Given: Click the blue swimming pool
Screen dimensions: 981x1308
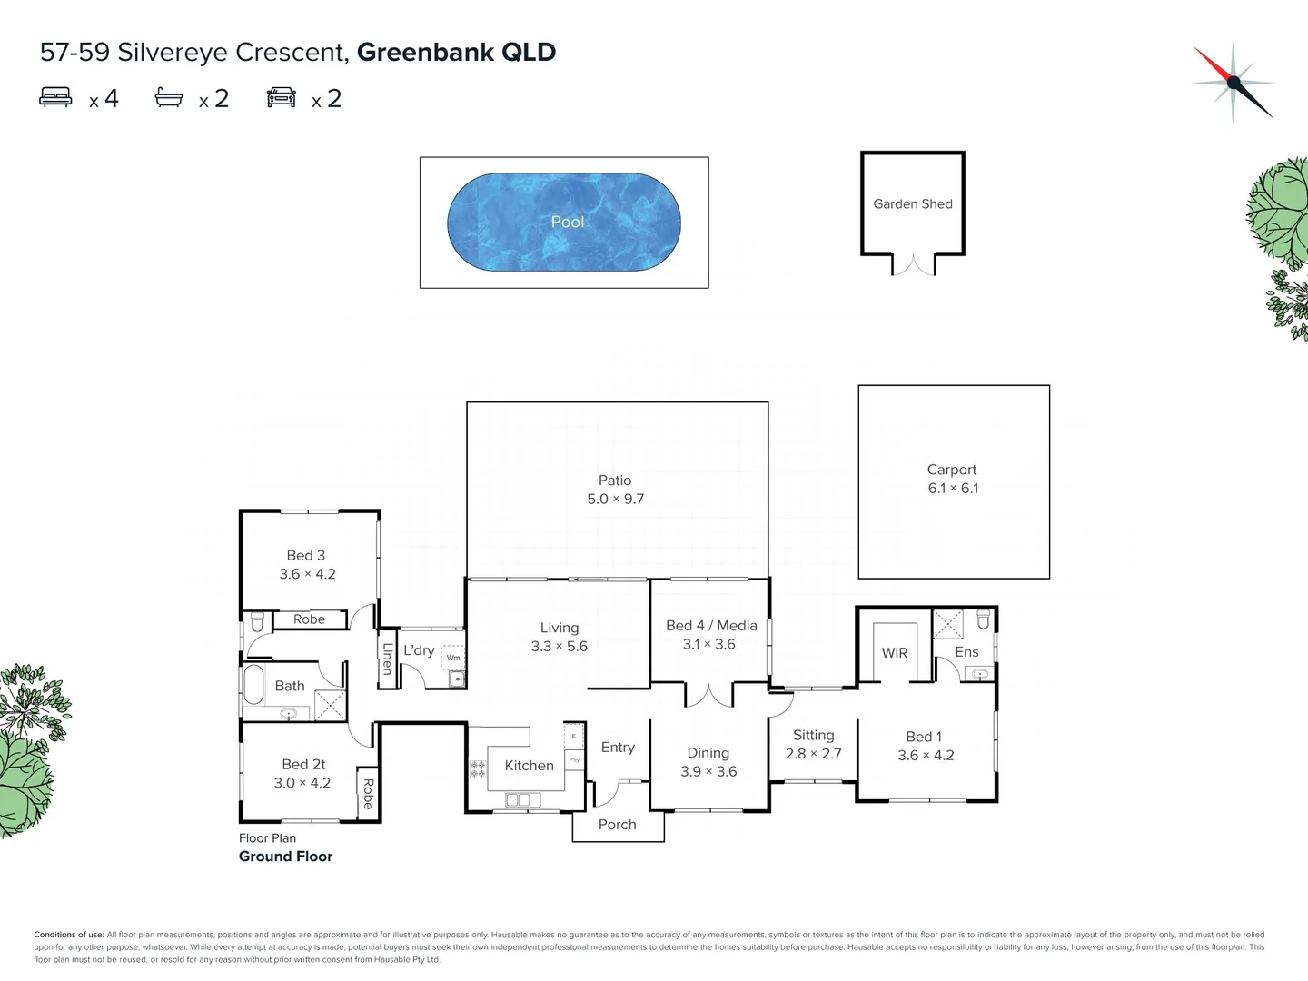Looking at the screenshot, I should point(563,223).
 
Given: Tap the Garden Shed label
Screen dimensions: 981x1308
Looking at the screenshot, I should point(912,204).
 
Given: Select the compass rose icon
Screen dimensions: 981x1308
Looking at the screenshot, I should point(1233,82).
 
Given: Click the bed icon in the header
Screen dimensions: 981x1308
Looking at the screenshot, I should point(55,97).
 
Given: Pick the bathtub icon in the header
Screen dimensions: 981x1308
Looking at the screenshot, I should point(169,97).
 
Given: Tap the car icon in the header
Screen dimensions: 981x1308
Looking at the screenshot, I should point(282,97).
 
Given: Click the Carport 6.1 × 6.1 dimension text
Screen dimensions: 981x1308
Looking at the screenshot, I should point(953,489).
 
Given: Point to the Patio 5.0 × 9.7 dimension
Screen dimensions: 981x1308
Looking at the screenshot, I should point(615,499).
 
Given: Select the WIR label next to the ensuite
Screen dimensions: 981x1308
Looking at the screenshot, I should point(895,653).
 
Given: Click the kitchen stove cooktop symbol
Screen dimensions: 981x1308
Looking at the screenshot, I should point(477,769).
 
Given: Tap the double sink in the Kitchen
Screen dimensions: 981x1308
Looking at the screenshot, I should point(522,800).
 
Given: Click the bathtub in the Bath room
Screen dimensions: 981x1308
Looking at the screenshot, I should point(253,685).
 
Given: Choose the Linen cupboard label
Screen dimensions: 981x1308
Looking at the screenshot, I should point(388,659).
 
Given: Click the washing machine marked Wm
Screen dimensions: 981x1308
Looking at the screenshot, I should point(453,657).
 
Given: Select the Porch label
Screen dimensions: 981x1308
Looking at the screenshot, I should point(617,825).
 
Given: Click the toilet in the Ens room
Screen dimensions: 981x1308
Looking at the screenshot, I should point(983,620).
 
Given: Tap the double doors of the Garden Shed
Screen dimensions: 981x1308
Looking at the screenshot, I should point(913,265).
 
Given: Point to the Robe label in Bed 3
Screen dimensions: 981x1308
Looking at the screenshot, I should point(309,619).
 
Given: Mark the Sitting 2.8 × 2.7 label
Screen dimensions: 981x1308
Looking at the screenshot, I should point(813,745).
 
